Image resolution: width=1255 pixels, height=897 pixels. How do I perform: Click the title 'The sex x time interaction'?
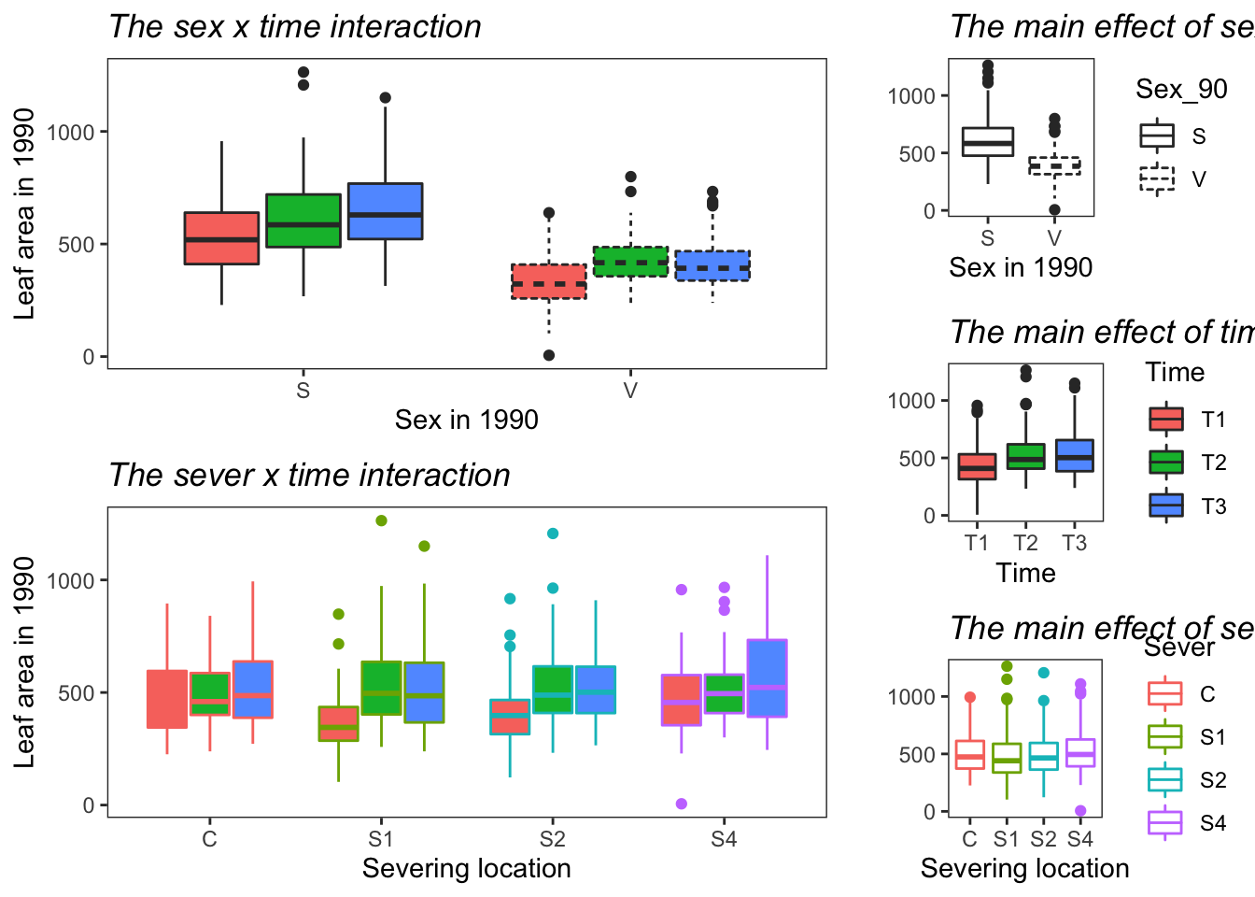point(295,27)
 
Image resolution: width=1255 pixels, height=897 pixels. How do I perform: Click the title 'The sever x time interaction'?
point(309,476)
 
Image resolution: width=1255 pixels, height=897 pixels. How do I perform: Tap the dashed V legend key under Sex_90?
point(1157,178)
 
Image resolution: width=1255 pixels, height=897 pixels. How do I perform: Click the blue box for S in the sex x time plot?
point(386,211)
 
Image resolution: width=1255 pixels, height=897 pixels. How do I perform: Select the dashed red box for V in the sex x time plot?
point(549,281)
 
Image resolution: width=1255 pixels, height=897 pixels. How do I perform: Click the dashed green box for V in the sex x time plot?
point(631,262)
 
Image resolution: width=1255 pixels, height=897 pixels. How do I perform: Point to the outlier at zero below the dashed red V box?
point(549,355)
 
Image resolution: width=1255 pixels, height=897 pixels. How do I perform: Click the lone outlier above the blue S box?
point(386,98)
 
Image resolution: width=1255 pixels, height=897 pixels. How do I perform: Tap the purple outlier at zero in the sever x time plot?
point(682,804)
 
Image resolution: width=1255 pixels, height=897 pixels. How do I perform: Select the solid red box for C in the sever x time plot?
point(167,699)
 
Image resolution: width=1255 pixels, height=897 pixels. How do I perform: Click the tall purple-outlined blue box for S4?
point(767,678)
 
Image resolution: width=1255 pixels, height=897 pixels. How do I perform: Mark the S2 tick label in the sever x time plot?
point(553,839)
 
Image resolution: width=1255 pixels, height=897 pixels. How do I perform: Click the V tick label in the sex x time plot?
point(630,391)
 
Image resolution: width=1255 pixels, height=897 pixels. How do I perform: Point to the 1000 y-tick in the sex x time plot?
point(71,133)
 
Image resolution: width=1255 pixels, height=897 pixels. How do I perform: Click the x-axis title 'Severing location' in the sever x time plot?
point(466,869)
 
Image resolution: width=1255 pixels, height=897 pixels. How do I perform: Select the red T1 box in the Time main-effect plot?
point(977,466)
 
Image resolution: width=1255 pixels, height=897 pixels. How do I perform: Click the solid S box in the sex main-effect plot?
point(988,142)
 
